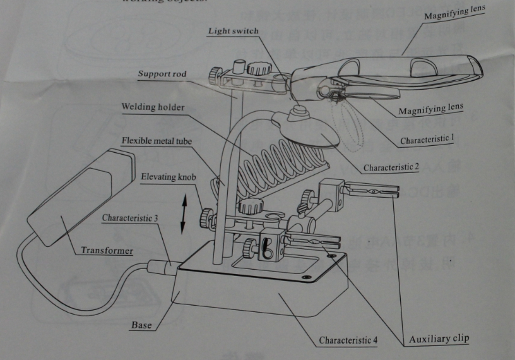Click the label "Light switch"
pyautogui.click(x=233, y=31)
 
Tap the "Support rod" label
pyautogui.click(x=162, y=74)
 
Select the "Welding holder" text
pyautogui.click(x=153, y=107)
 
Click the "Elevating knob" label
pyautogui.click(x=165, y=177)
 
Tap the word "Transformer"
pyautogui.click(x=107, y=251)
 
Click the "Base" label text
pyautogui.click(x=141, y=326)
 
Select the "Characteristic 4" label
pyautogui.click(x=348, y=340)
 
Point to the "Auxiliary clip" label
pyautogui.click(x=439, y=339)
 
